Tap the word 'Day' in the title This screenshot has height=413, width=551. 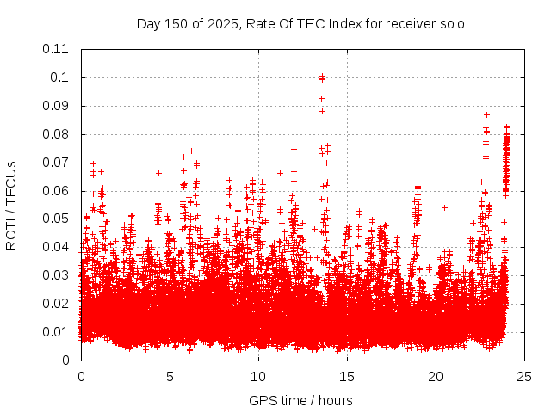point(149,23)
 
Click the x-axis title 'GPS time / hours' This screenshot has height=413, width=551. point(300,400)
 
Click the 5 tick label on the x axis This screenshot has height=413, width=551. point(170,377)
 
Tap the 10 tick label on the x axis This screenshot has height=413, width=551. point(258,377)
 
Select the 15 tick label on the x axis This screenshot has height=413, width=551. point(347,377)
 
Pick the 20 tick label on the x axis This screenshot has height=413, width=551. point(436,377)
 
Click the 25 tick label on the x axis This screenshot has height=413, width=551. point(524,377)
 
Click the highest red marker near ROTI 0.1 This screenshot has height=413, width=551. point(322,77)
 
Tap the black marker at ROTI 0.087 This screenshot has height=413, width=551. point(486,114)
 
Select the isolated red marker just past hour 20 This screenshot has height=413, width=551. point(444,207)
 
